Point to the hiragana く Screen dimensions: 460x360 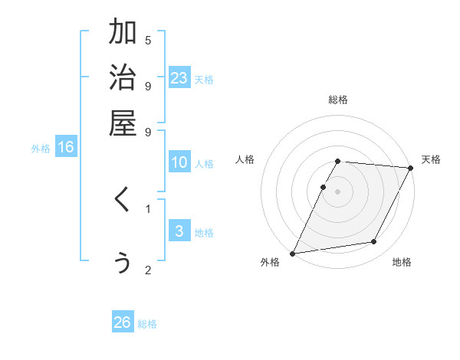tap(122, 201)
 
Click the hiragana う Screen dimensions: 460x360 tap(123, 262)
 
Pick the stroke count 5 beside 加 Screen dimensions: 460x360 tap(148, 40)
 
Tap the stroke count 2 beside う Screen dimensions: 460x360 tap(148, 270)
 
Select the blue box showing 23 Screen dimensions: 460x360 tap(179, 77)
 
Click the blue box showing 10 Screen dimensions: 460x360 tap(179, 162)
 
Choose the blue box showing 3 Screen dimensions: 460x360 tap(179, 231)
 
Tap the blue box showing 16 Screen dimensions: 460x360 tap(66, 148)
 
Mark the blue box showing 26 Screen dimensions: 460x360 tap(123, 322)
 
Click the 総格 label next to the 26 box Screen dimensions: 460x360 tap(147, 324)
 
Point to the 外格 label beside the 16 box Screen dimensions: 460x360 tap(41, 149)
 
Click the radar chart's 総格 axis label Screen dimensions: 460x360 tap(338, 100)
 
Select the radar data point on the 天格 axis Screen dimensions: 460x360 tap(411, 168)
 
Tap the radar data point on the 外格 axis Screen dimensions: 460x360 tap(293, 254)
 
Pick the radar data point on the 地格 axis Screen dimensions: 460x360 tap(374, 242)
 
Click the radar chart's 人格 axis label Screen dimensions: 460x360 tap(245, 159)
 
